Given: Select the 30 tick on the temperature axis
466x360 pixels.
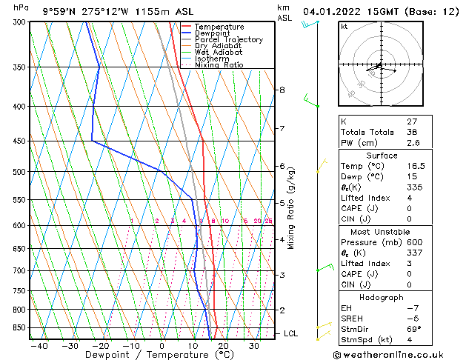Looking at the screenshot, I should click(x=253, y=345).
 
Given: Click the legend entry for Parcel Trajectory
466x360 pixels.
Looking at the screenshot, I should click(x=228, y=40).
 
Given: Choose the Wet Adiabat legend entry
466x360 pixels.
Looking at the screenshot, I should click(x=219, y=53).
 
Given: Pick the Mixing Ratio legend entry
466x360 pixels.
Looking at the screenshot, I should click(x=219, y=65).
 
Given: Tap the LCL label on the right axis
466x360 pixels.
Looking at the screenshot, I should click(x=291, y=334).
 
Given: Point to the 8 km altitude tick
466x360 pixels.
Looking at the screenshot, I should click(x=281, y=90).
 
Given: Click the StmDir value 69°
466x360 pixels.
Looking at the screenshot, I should click(x=413, y=329).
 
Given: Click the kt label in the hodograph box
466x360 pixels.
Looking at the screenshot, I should click(x=344, y=27).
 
